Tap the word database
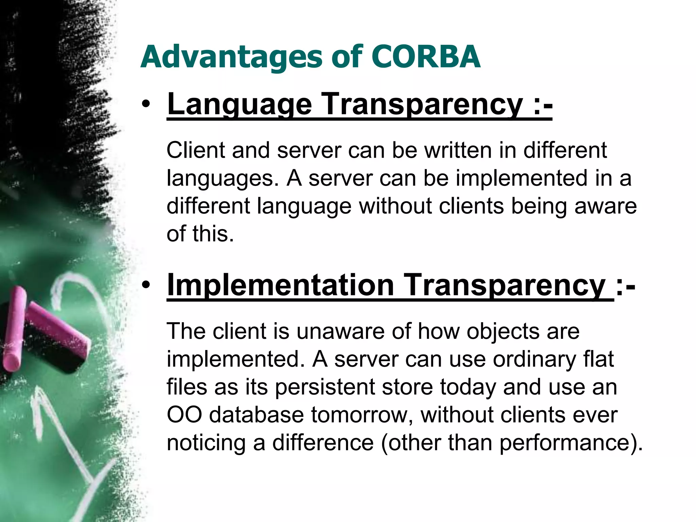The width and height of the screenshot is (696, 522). click(x=256, y=415)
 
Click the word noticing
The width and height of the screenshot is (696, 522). click(x=206, y=443)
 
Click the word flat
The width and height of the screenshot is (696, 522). click(x=599, y=359)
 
